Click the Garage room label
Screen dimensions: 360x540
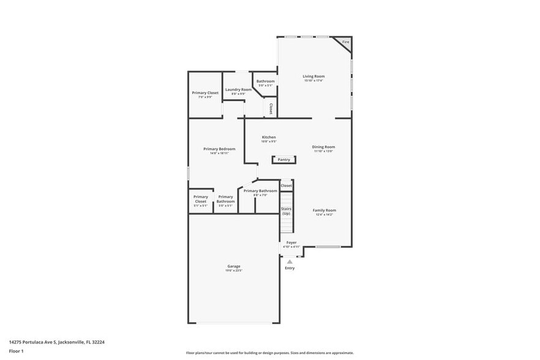[234, 266]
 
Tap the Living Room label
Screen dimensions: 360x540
[313, 77]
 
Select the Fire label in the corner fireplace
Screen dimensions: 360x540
[345, 42]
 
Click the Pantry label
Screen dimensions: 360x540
[283, 160]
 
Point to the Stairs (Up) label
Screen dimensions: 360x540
[286, 211]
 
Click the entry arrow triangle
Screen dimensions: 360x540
[290, 261]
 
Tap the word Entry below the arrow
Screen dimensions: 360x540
[290, 268]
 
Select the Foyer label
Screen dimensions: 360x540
[291, 242]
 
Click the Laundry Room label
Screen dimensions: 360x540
[238, 90]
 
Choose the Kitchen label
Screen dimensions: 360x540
[269, 137]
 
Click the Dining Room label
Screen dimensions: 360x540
[323, 147]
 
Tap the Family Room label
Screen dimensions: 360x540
[325, 211]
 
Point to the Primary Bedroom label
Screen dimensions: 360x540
[219, 149]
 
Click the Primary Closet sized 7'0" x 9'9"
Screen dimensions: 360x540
[205, 93]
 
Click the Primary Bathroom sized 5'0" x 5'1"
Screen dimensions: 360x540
[225, 199]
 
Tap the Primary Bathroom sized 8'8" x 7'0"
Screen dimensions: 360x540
[260, 191]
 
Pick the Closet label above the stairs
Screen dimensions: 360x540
[286, 186]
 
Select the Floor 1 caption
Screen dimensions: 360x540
[16, 351]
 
